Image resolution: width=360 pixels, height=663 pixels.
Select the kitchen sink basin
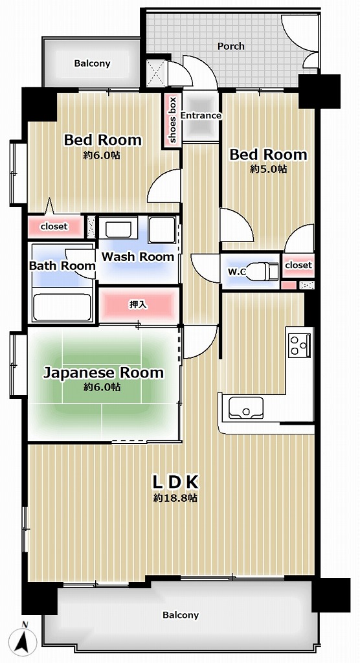(245, 408)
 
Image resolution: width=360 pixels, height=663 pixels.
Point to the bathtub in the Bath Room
(62, 306)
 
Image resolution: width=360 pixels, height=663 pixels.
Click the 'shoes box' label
(173, 120)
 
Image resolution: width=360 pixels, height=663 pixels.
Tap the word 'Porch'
(231, 46)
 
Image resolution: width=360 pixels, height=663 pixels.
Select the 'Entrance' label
(201, 115)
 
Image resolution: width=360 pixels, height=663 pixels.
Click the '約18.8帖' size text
(175, 498)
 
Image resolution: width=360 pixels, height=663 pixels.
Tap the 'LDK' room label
(175, 481)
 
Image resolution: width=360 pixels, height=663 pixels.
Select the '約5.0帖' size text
(268, 169)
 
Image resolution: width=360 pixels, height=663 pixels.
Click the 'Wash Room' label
(138, 256)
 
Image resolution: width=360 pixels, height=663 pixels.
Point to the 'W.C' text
(237, 272)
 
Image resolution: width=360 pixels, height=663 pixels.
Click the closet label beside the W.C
(298, 265)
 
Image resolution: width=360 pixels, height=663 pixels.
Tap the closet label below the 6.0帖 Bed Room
(54, 227)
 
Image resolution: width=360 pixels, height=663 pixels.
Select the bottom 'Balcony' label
(181, 615)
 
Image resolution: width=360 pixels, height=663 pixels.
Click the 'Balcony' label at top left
(92, 63)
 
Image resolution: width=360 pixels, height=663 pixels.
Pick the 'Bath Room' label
(62, 266)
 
